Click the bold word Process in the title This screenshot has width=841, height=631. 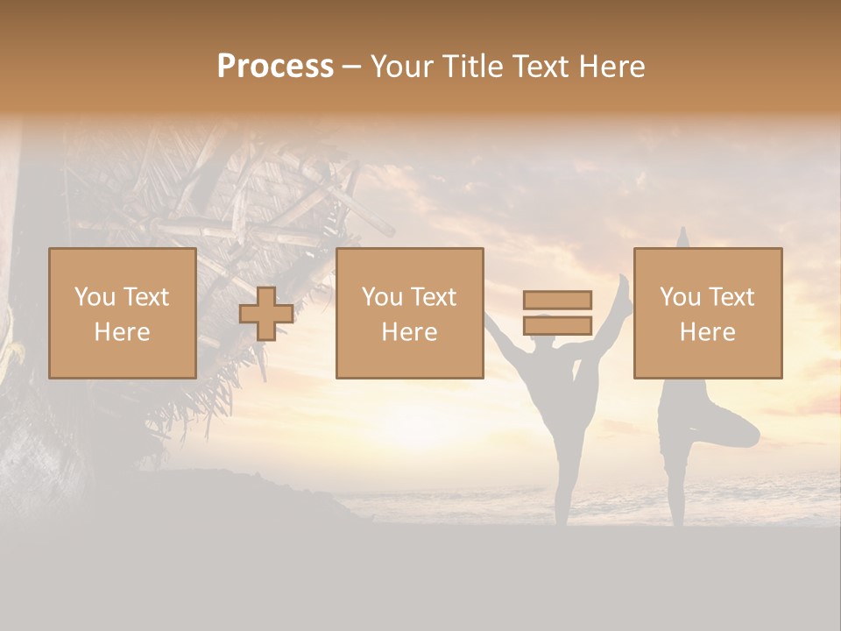[x=275, y=67]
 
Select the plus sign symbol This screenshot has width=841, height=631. [x=266, y=314]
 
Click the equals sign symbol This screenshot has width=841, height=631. [x=557, y=313]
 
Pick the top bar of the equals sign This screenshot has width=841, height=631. [x=557, y=301]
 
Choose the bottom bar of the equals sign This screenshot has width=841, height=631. [x=557, y=325]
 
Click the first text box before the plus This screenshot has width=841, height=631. [x=123, y=313]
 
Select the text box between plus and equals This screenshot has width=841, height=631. [x=409, y=313]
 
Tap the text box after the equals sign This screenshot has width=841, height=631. [x=708, y=313]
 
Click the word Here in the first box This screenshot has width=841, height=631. [x=123, y=332]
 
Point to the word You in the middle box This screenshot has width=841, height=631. [x=382, y=297]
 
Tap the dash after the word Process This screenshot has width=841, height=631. [x=351, y=67]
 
